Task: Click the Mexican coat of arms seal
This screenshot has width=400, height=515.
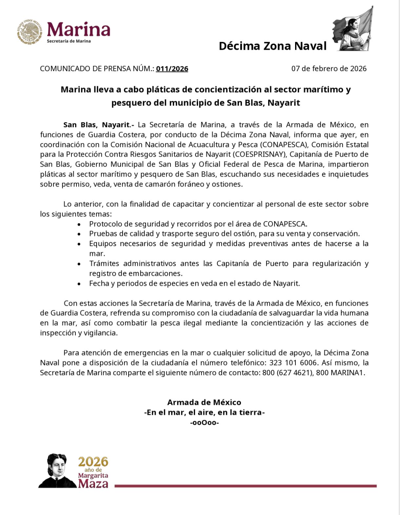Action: coord(30,32)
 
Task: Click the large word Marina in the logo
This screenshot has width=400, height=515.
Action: coord(79,29)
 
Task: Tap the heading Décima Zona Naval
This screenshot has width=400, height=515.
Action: coord(272,46)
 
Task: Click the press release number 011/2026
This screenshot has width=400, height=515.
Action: coord(172,69)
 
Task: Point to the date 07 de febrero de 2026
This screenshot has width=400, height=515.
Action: coord(329,69)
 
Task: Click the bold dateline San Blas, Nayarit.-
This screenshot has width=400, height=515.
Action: coord(99,125)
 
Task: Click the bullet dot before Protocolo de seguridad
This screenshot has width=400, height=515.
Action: coord(79,224)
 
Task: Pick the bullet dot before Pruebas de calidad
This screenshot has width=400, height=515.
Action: coord(79,234)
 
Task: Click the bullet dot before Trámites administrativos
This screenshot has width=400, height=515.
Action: coord(79,264)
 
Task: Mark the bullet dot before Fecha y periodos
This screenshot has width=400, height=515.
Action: coord(79,284)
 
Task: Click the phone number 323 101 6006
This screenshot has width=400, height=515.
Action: coord(293,363)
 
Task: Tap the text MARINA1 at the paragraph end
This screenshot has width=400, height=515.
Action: coord(351,373)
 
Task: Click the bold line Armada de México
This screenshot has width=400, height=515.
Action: coord(204,402)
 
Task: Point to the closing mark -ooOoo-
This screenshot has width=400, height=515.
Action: coord(204,423)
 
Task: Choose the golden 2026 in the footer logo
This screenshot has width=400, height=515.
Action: coord(93,462)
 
